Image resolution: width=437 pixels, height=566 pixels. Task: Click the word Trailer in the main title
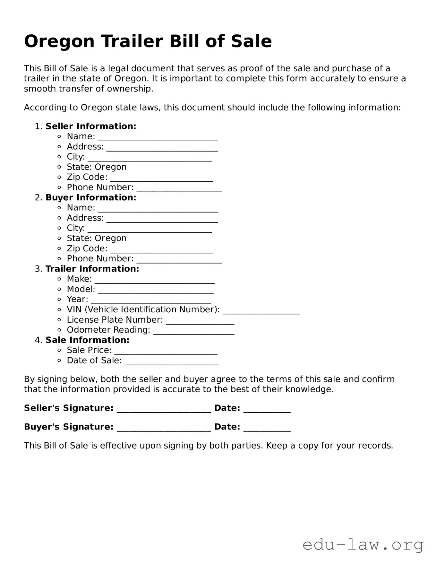pyautogui.click(x=132, y=41)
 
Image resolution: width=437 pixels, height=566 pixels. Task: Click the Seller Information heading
pyautogui.click(x=91, y=126)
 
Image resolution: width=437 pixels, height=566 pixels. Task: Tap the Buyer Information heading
pyautogui.click(x=91, y=197)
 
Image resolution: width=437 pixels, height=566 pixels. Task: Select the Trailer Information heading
pyautogui.click(x=92, y=269)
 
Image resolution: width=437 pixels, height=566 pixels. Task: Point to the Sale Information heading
pyautogui.click(x=87, y=340)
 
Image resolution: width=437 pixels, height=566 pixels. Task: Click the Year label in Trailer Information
pyautogui.click(x=77, y=299)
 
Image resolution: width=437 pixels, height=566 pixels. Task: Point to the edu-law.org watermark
pyautogui.click(x=363, y=545)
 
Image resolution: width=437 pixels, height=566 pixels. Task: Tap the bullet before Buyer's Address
pyautogui.click(x=59, y=218)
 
